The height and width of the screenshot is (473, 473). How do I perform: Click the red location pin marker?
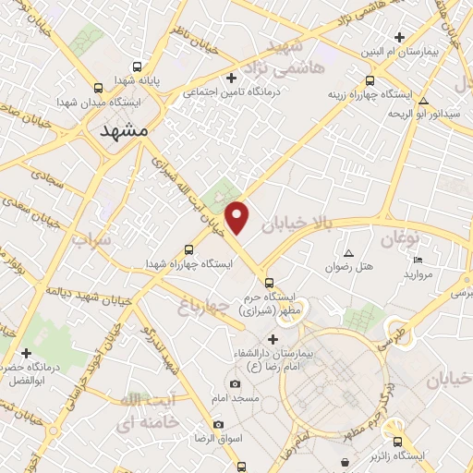click(238, 218)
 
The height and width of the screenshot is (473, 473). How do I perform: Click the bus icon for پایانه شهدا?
click(138, 67)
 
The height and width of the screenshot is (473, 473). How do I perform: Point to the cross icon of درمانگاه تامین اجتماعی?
click(232, 78)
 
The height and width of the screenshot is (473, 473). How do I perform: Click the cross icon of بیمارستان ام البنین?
click(399, 38)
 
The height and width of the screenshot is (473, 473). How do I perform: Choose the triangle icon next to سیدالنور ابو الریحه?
click(423, 101)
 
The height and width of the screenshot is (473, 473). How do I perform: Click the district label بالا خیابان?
click(295, 213)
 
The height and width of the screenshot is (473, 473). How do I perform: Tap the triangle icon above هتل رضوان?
click(349, 253)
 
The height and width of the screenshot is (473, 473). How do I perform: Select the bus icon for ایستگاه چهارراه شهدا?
click(189, 249)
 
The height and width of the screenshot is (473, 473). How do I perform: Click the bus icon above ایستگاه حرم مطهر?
click(269, 283)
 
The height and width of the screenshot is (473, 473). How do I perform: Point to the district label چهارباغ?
click(203, 309)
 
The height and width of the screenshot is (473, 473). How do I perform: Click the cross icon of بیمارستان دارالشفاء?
click(273, 339)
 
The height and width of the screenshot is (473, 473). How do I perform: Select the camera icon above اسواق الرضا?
click(218, 424)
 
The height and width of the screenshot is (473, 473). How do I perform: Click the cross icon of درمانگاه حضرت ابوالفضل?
click(26, 353)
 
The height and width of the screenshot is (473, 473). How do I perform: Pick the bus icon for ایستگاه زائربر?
click(398, 442)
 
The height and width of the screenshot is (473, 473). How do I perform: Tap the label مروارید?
click(412, 275)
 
